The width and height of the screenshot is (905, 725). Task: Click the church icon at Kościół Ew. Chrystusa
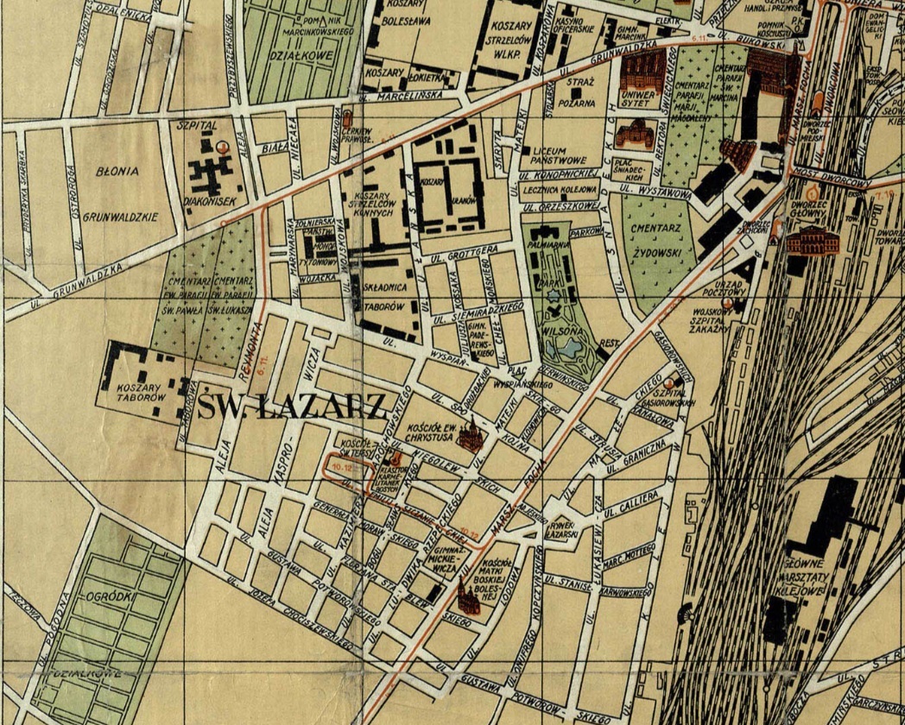coord(470,438)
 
